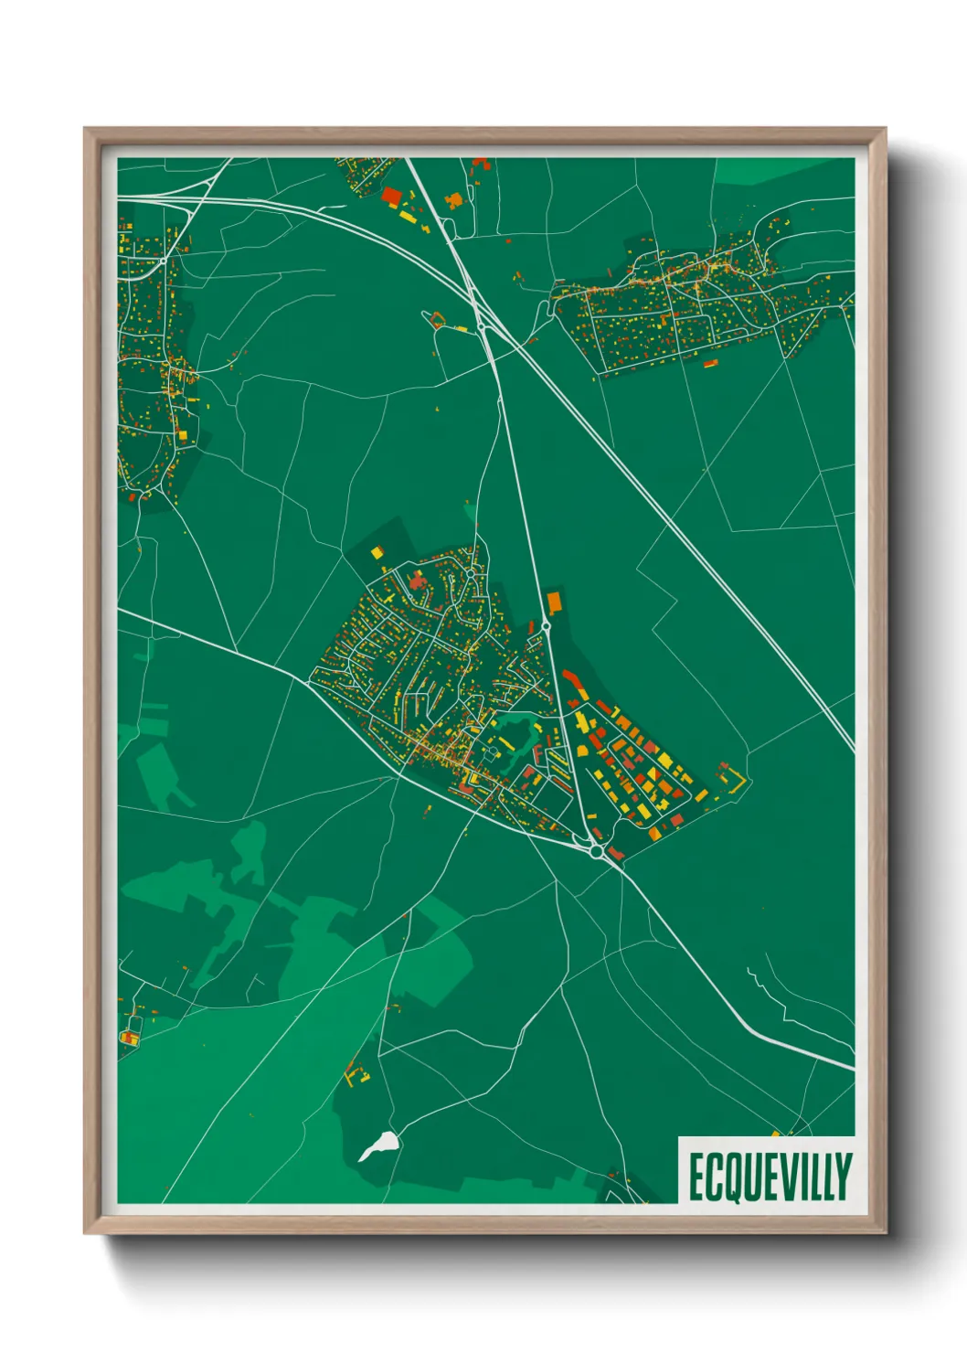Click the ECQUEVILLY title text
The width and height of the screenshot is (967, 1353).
click(770, 1177)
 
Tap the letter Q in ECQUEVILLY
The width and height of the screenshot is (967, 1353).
click(728, 1177)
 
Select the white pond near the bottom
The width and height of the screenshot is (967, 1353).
click(378, 1145)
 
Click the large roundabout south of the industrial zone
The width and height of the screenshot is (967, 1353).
click(597, 851)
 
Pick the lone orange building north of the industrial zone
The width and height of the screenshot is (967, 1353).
click(553, 602)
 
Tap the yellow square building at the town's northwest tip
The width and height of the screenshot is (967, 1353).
click(376, 552)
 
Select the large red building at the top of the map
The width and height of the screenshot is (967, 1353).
click(391, 196)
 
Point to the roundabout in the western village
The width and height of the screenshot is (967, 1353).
click(163, 261)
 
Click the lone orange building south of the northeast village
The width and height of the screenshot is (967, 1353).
click(710, 364)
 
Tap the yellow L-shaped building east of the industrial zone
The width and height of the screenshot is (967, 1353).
click(733, 780)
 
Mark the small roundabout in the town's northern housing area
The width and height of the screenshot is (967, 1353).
click(469, 574)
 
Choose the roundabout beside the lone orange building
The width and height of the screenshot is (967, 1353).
click(546, 625)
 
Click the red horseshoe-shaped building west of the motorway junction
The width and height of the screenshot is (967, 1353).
click(436, 320)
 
